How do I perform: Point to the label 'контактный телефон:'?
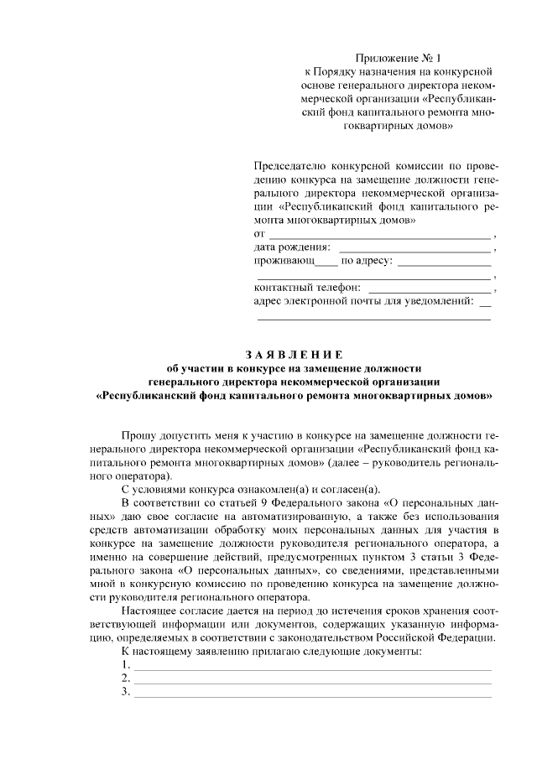pyautogui.click(x=306, y=288)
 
